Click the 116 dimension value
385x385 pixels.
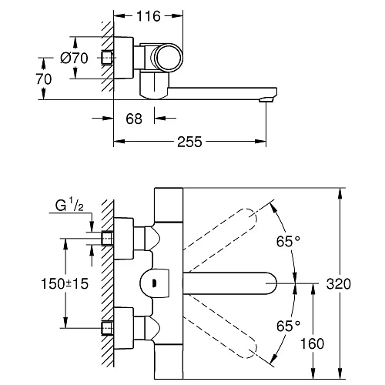[x=149, y=16]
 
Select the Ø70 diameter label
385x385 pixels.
[x=74, y=58]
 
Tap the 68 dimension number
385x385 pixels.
[x=134, y=119]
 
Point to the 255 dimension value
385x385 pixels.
[x=189, y=142]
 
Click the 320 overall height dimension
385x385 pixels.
[x=338, y=284]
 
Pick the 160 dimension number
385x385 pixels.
[x=312, y=343]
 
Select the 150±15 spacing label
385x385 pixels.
[x=65, y=283]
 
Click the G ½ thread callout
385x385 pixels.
[x=69, y=206]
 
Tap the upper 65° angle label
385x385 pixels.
[x=288, y=241]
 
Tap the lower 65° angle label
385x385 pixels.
[x=288, y=326]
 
